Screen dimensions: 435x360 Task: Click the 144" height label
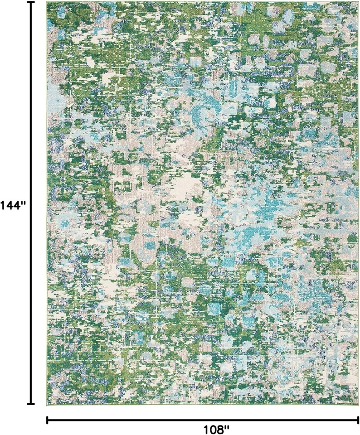[14, 205]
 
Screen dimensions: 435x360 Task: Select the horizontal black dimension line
[136, 420]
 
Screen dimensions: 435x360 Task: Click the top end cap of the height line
[31, 2]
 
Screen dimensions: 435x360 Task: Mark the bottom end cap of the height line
[31, 403]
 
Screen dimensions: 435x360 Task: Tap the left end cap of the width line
[48, 420]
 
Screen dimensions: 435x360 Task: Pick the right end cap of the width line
[358, 420]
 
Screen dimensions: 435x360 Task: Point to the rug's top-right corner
[358, 2]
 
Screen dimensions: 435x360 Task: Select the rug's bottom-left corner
[47, 404]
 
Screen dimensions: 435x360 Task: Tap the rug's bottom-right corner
[358, 405]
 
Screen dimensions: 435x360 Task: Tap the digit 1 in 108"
[206, 428]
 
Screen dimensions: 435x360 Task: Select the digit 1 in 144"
[3, 205]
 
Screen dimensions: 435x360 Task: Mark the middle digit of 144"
[10, 205]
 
